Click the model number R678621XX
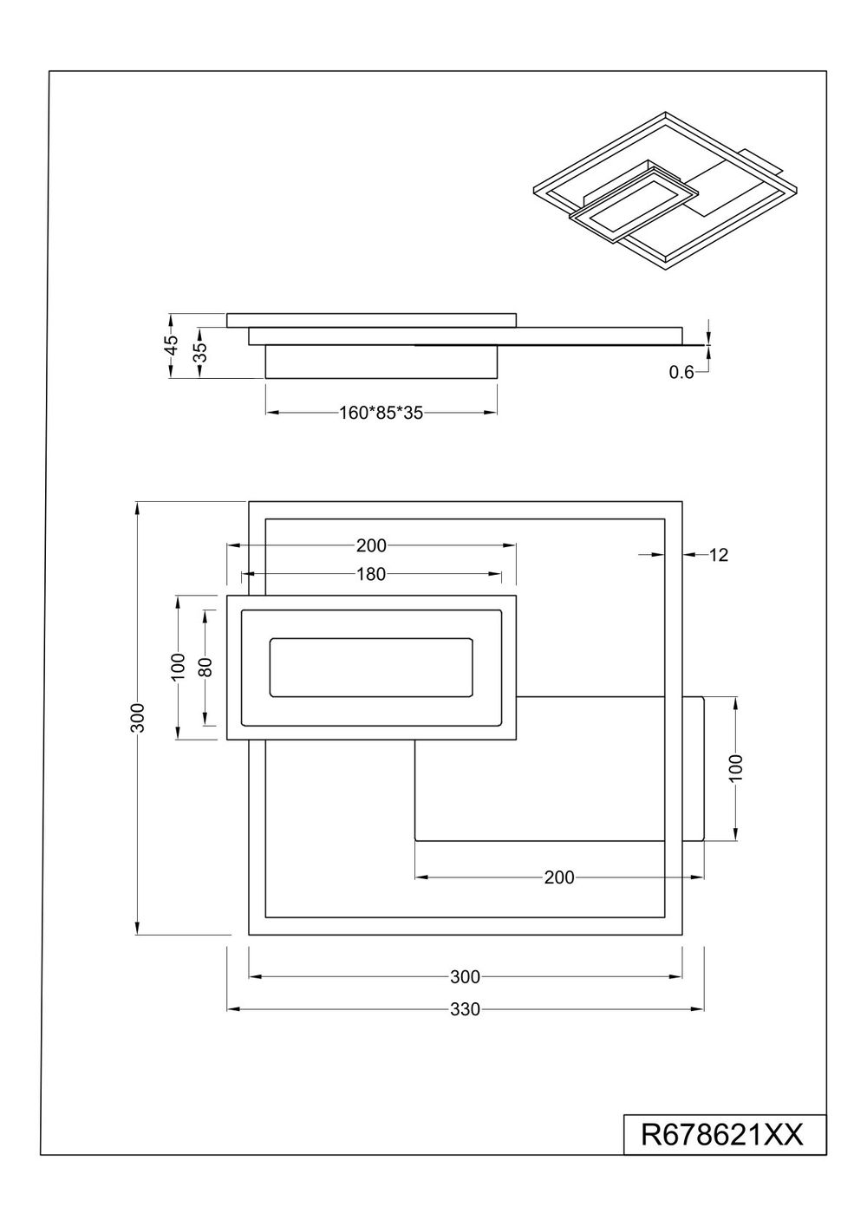721,1136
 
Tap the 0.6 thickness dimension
681,373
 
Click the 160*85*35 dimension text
381,413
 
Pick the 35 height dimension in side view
201,353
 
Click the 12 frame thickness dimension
719,555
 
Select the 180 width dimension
371,574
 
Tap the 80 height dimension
205,667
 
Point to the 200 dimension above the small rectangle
371,545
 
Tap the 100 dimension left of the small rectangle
179,667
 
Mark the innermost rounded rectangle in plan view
371,638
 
